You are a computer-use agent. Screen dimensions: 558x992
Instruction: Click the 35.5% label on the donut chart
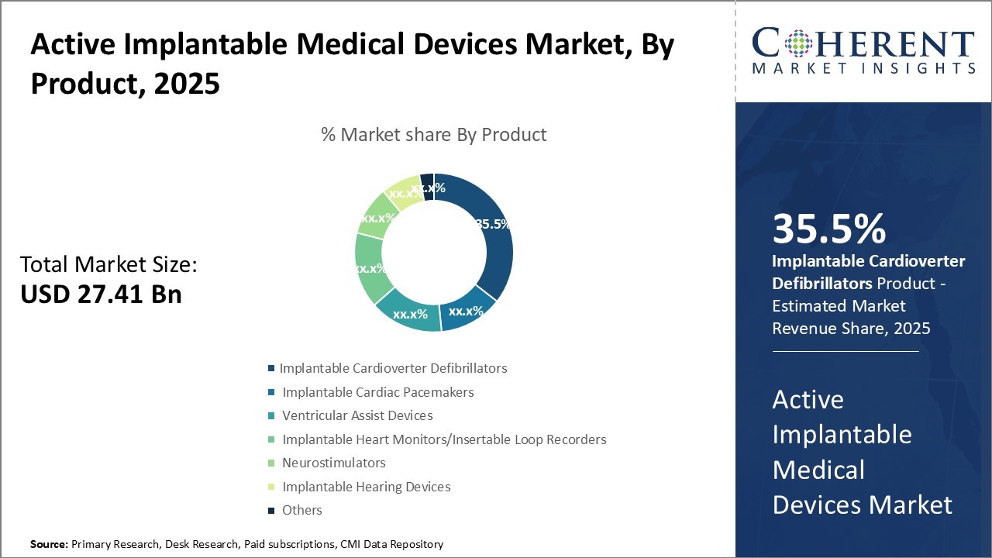click(493, 224)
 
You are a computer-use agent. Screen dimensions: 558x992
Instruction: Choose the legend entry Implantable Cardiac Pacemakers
click(377, 392)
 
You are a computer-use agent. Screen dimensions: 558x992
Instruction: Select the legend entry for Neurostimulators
click(333, 463)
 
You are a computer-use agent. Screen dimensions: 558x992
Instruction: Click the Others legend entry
click(301, 510)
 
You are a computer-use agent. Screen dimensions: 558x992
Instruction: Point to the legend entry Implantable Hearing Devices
click(366, 487)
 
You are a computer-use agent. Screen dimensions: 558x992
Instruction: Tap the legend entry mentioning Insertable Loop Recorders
click(444, 439)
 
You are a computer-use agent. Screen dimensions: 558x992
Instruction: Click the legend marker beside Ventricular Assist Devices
click(271, 416)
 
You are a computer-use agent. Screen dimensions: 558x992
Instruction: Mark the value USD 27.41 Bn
click(101, 294)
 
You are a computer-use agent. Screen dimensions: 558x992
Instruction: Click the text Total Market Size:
click(108, 265)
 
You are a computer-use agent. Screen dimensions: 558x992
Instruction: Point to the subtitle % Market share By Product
click(433, 135)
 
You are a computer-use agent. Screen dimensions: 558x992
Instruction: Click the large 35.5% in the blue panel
click(828, 229)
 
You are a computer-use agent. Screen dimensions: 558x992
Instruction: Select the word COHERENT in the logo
click(863, 43)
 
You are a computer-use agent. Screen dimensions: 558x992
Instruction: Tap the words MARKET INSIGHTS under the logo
click(863, 69)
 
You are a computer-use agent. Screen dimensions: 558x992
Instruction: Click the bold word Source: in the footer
click(49, 544)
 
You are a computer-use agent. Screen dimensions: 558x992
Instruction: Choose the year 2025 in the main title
click(187, 83)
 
